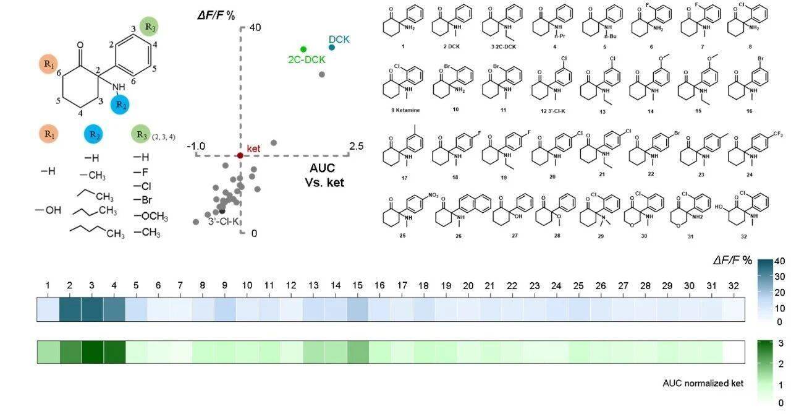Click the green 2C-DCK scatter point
click(303, 49)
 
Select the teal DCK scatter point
click(332, 48)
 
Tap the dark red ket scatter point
click(240, 155)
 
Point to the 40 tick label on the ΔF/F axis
click(255, 28)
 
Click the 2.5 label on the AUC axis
click(357, 145)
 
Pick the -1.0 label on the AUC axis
click(196, 146)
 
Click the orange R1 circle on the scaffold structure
click(48, 64)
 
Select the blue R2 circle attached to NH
click(119, 104)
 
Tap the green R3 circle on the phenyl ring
click(150, 27)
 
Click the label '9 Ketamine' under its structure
click(405, 109)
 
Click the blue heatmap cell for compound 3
click(92, 309)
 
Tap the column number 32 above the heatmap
click(734, 286)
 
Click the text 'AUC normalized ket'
click(702, 383)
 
